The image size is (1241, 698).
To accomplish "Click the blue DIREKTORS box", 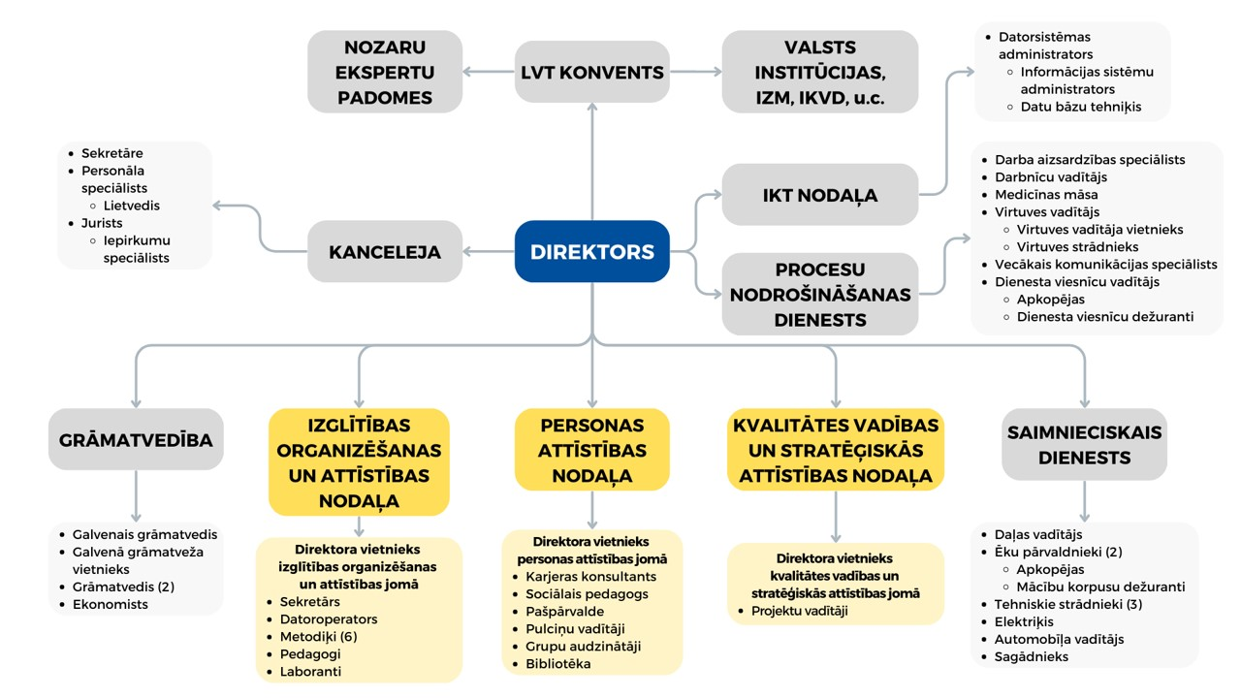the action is (x=591, y=251).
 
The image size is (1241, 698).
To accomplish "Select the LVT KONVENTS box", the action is (x=591, y=72).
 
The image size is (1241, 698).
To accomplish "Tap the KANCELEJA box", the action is (x=385, y=251).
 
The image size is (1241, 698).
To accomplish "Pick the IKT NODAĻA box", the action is (x=820, y=195).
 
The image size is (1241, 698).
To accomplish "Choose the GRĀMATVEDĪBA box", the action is (x=136, y=439).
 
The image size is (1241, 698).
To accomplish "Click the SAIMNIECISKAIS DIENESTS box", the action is (x=1084, y=444).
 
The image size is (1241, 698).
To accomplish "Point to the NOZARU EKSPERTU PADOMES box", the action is (x=385, y=72).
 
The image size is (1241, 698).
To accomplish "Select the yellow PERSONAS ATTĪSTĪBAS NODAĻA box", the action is (x=591, y=450).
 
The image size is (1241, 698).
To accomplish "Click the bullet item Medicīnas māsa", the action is (x=1046, y=195).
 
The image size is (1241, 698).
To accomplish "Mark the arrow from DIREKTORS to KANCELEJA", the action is (x=488, y=251).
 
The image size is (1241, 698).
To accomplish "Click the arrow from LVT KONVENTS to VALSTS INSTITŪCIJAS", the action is (x=695, y=72).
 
